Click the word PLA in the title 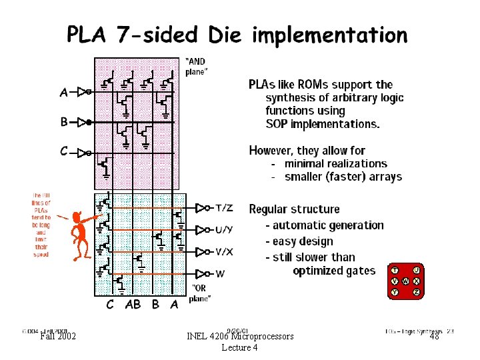point(87,35)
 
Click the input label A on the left point(64,93)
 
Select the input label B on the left point(64,122)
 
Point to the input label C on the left point(64,151)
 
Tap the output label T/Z point(225,208)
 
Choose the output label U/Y point(224,230)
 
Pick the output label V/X point(224,251)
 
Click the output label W point(219,273)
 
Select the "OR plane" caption point(199,294)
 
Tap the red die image point(405,281)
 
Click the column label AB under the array point(133,305)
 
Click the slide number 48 point(434,337)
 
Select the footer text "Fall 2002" point(58,337)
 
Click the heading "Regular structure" point(294,209)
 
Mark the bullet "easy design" point(303,241)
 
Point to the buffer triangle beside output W point(201,273)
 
